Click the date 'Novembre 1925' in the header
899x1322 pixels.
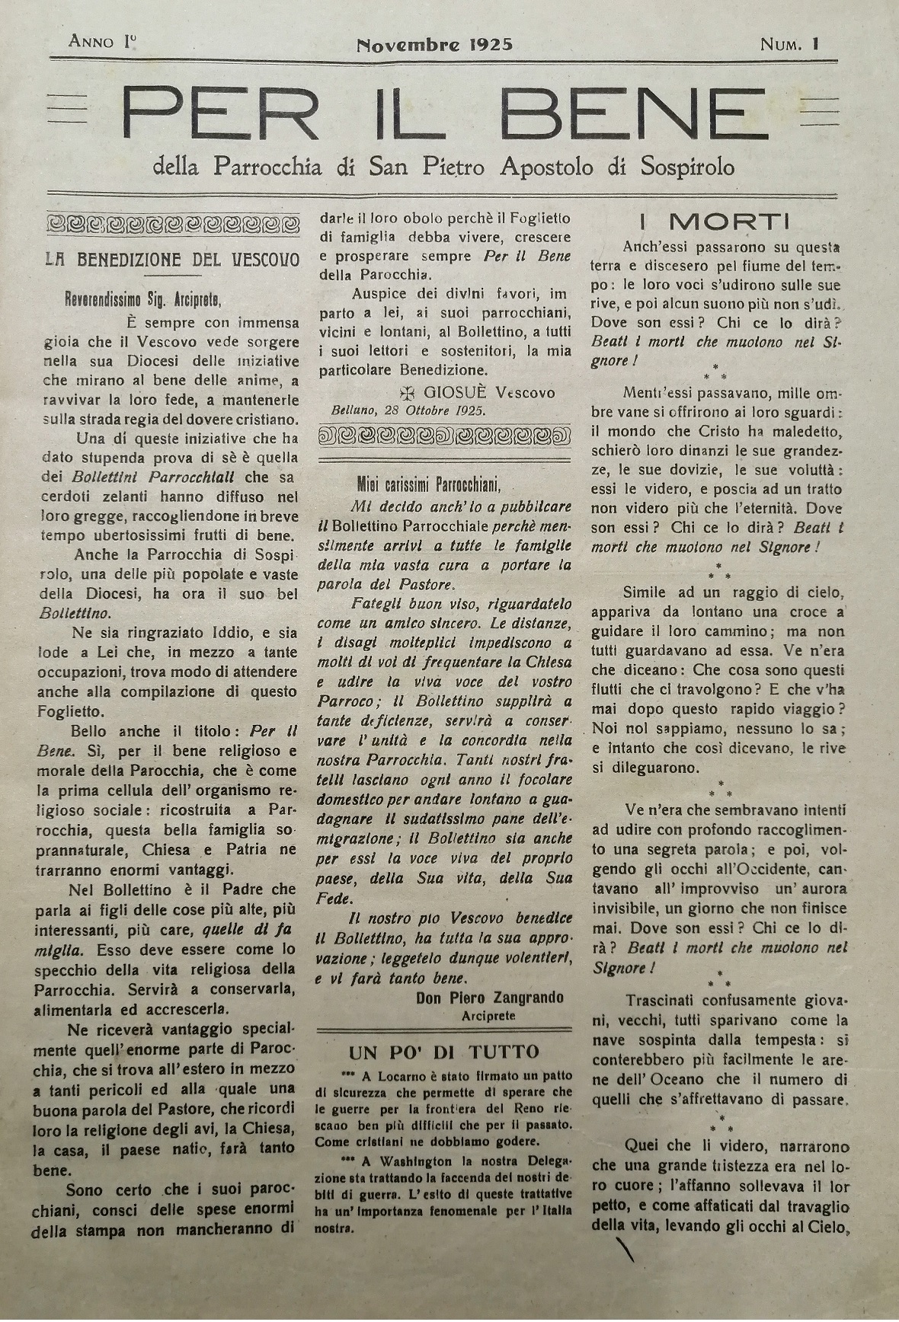pos(434,43)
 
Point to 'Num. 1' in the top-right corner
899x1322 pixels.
pos(789,44)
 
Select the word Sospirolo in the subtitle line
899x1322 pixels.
pos(677,166)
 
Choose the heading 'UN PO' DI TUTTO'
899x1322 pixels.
pos(443,1052)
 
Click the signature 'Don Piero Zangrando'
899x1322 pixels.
pos(490,998)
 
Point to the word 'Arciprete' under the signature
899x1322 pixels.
pos(488,1016)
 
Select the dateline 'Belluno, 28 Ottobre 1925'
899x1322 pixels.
pos(408,410)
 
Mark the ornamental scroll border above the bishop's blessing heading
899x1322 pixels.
pos(173,224)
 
